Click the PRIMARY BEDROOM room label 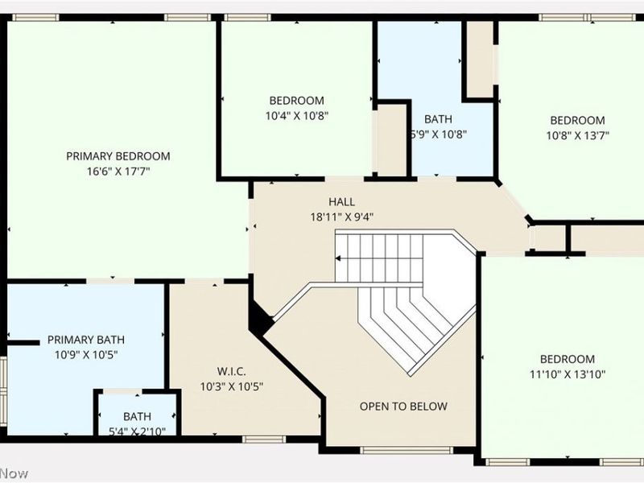(x=118, y=156)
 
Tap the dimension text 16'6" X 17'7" (x=118, y=171)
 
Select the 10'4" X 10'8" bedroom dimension (x=296, y=115)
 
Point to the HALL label (x=341, y=202)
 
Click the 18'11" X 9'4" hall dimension (x=341, y=216)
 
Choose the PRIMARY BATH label (x=85, y=340)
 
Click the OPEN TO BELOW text (x=403, y=407)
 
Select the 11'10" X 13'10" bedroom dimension (x=568, y=374)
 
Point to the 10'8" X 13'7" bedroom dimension (x=577, y=135)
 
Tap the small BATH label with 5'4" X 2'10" (x=137, y=417)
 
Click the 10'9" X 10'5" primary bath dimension (x=85, y=354)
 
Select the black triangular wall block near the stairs (x=261, y=320)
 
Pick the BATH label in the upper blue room (x=439, y=119)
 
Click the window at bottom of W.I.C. (x=261, y=439)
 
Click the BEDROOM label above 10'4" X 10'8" (x=296, y=101)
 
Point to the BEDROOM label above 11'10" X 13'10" (x=568, y=359)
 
